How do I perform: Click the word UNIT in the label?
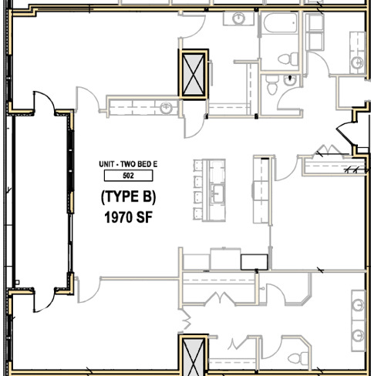coord(108,165)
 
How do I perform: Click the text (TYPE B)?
coord(129,197)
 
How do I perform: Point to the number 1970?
coord(118,218)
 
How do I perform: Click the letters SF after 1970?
coord(145,218)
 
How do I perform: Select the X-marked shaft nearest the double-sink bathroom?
coord(193,357)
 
